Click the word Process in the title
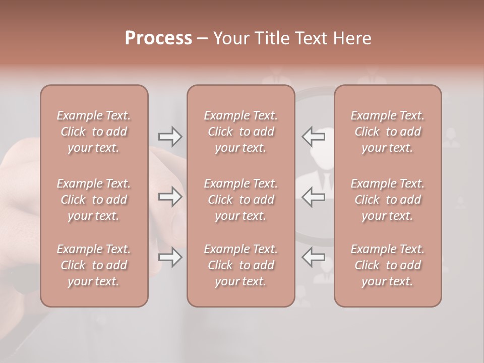[x=158, y=38]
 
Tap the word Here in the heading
[x=352, y=38]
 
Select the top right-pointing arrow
[x=170, y=137]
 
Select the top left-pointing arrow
[x=314, y=137]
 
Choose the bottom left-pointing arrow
[x=314, y=257]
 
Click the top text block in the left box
[x=94, y=132]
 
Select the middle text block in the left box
[x=94, y=200]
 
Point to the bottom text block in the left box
[x=94, y=265]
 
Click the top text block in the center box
[x=240, y=132]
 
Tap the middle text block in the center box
[x=240, y=200]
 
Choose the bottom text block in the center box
[x=240, y=265]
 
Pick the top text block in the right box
[x=388, y=132]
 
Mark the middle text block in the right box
[x=388, y=200]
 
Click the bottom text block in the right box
[x=388, y=265]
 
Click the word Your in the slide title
[x=231, y=38]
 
